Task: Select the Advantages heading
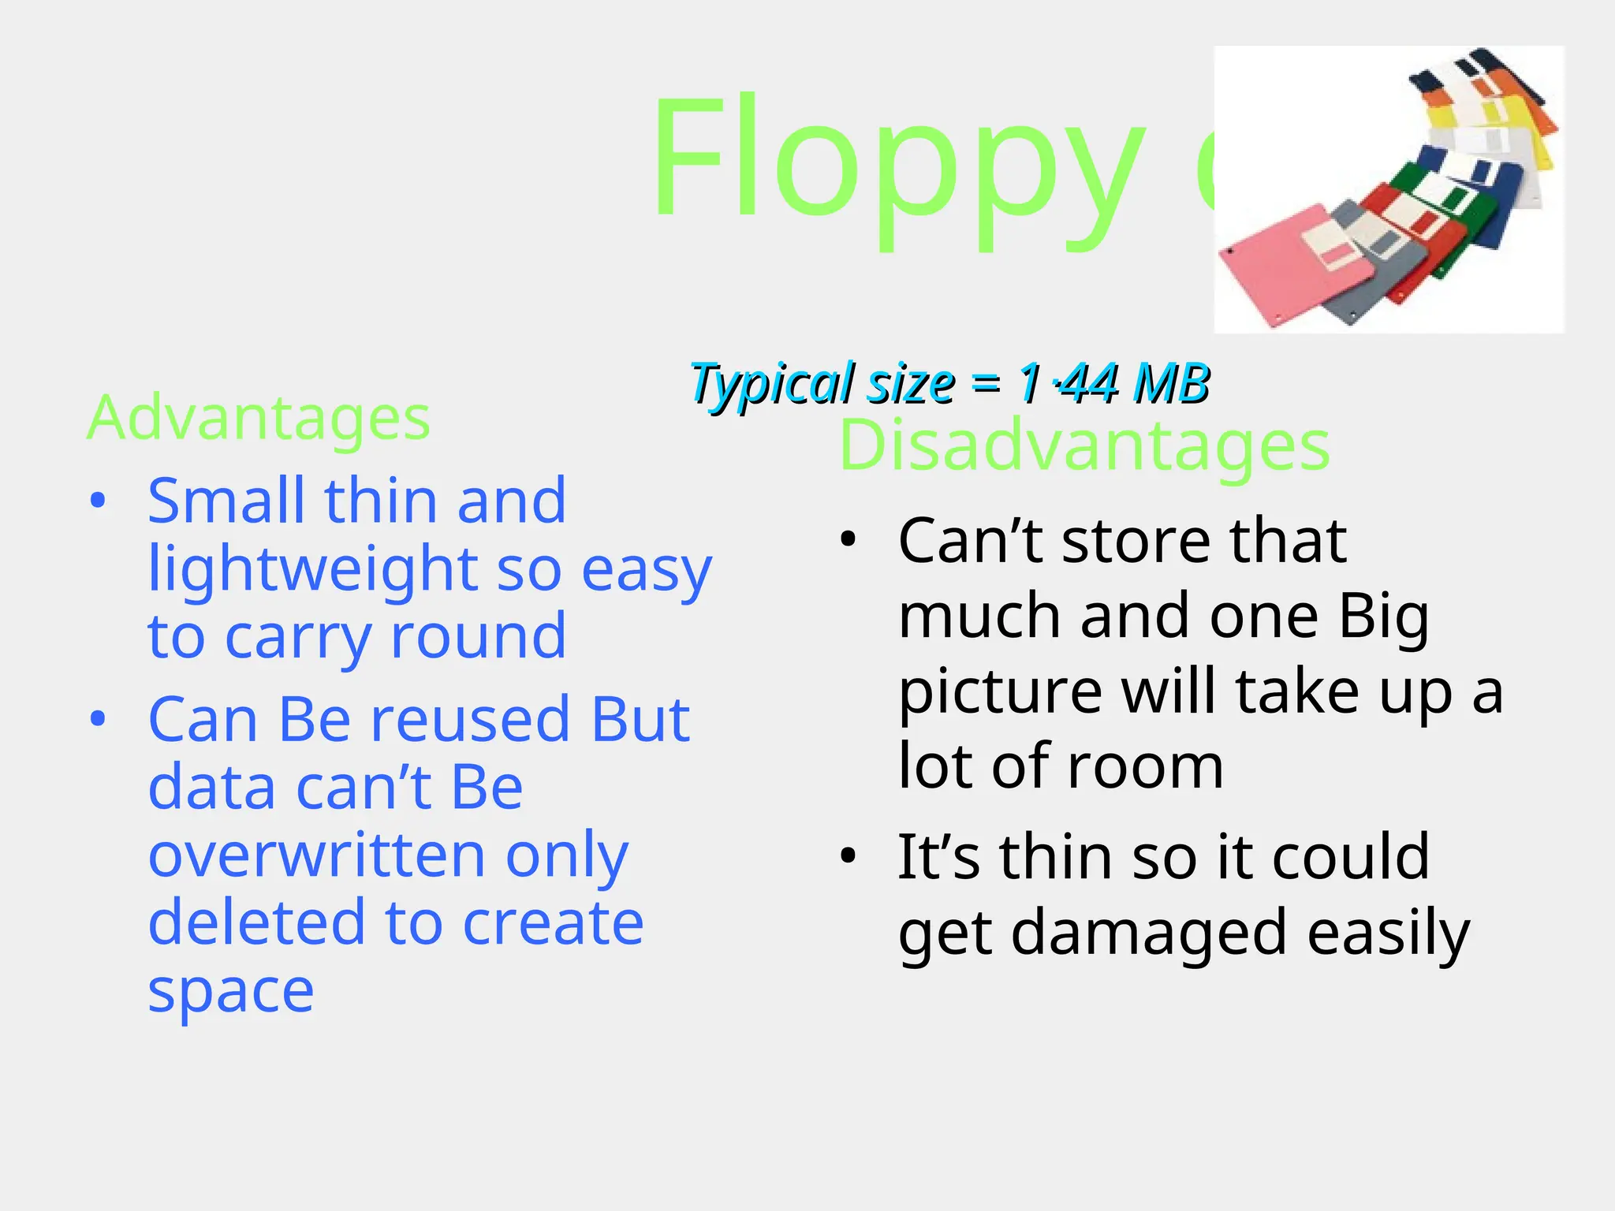tap(259, 418)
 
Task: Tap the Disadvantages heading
tap(1084, 446)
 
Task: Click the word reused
tap(470, 720)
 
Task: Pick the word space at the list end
tap(231, 991)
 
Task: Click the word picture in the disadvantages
tap(1000, 692)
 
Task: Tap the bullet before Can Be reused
tap(98, 719)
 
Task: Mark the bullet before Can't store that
tap(848, 541)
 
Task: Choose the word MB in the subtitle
tap(1170, 384)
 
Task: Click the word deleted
tap(255, 922)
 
